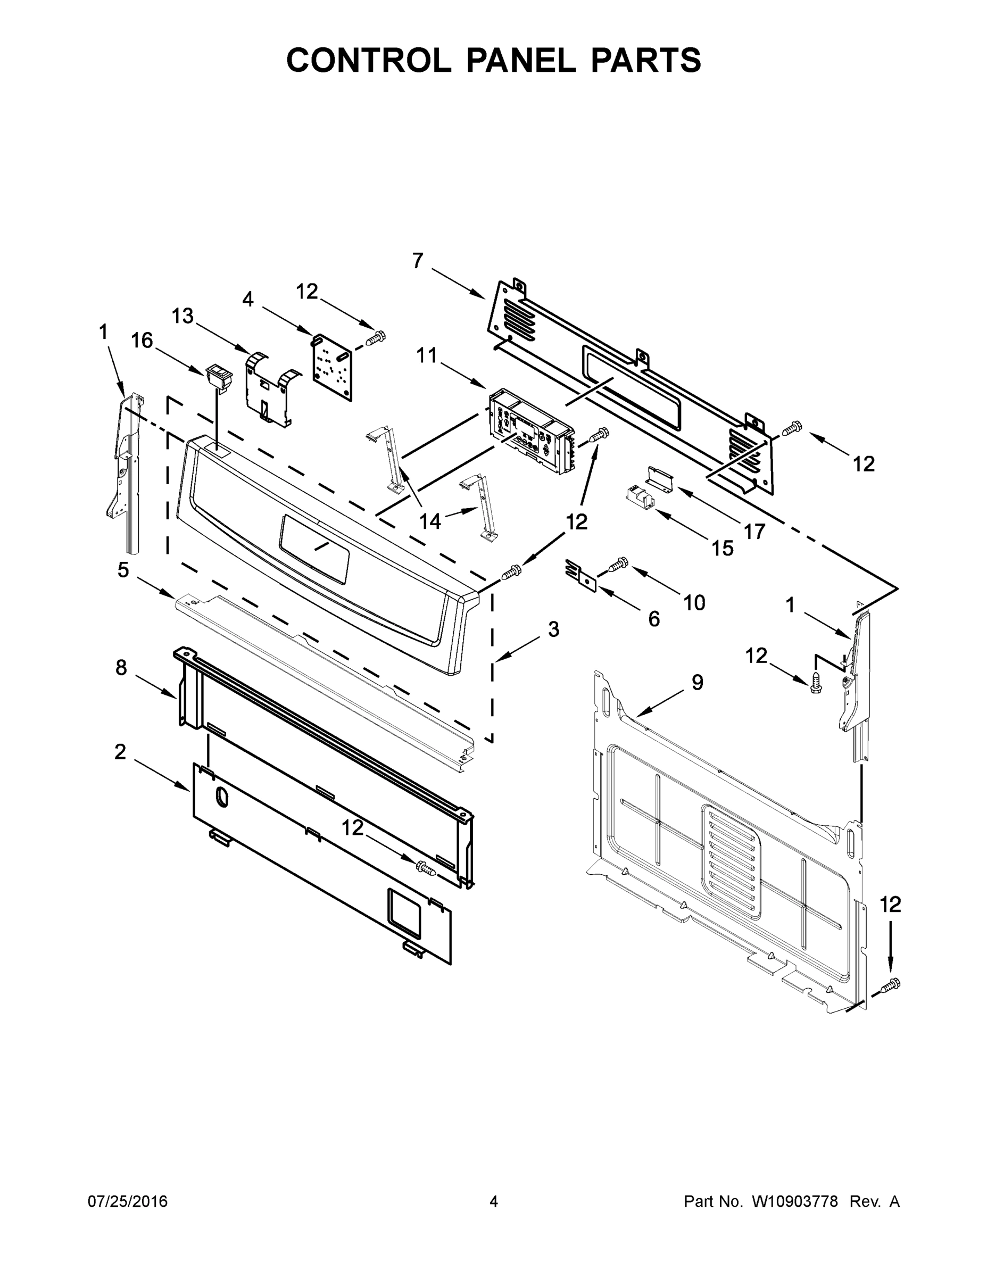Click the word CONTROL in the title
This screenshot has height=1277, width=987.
click(x=368, y=60)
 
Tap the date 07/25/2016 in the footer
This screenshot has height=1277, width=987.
click(x=128, y=1201)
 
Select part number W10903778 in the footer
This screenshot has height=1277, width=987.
click(x=794, y=1201)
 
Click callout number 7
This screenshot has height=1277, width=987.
click(x=417, y=261)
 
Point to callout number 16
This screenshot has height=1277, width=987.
click(x=142, y=341)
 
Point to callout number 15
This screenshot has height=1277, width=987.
click(x=722, y=548)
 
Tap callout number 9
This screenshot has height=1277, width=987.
click(x=697, y=682)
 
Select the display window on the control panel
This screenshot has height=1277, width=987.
click(x=314, y=548)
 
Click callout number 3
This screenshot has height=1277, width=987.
click(x=553, y=629)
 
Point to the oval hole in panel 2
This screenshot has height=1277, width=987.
click(x=221, y=798)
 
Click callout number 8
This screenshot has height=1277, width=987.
click(x=121, y=667)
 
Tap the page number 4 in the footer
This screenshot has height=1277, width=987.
click(x=494, y=1201)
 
